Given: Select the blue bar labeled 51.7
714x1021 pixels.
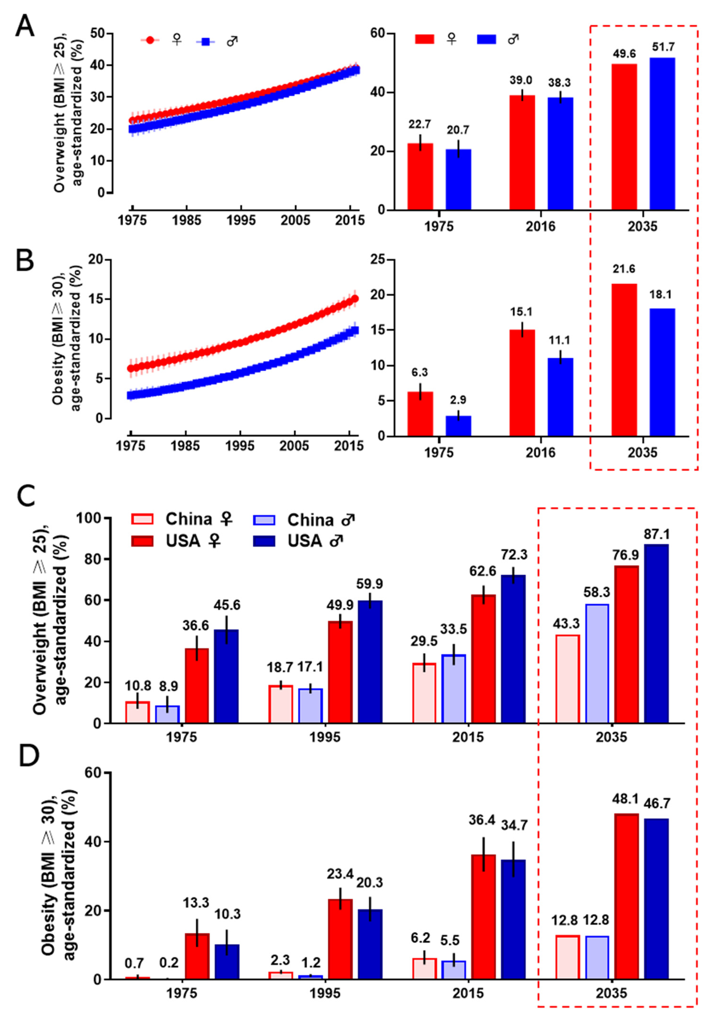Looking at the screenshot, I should [x=662, y=133].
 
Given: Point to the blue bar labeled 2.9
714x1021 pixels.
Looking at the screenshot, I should [x=458, y=426].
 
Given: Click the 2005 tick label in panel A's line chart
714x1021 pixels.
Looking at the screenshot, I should [x=295, y=220].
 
